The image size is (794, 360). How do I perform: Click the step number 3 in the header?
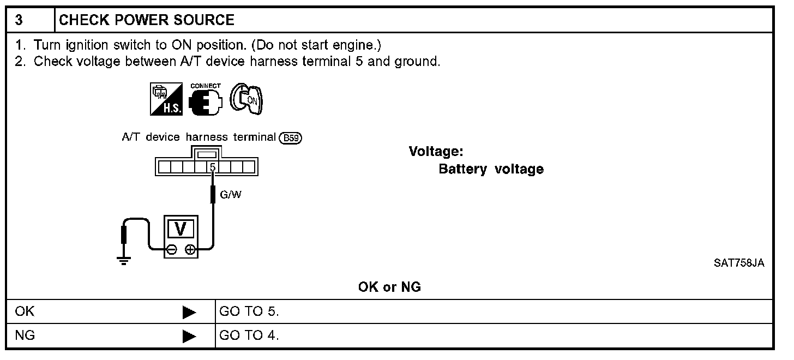coord(19,21)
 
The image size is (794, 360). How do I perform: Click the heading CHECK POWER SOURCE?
coord(146,21)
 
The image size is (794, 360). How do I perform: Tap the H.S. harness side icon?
coord(166,100)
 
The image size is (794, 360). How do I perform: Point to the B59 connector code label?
coord(290,138)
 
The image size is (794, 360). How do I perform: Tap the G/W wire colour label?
coord(230,194)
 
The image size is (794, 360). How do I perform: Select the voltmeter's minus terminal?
coord(171,250)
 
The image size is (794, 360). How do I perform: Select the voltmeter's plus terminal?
coord(190,250)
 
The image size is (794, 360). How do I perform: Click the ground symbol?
coord(124,260)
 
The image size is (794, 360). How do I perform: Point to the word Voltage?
coord(436,152)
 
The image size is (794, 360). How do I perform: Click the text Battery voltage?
coord(491,169)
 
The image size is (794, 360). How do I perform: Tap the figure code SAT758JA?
coord(739,263)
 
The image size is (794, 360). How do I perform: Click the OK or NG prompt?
coord(389,287)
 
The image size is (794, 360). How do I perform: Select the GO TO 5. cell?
coord(249,312)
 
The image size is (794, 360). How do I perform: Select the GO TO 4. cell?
coord(249,335)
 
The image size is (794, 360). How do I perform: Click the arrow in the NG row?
coord(189,336)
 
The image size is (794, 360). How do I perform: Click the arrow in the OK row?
coord(189,313)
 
